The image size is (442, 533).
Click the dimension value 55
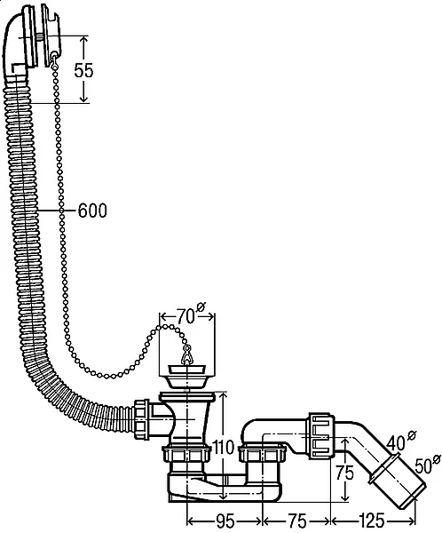click(83, 70)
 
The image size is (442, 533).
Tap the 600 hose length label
click(92, 211)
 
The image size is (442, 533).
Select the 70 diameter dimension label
click(185, 317)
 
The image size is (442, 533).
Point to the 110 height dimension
click(223, 447)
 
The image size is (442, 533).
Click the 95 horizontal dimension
click(225, 521)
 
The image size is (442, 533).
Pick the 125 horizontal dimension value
click(371, 521)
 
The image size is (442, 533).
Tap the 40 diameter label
click(396, 443)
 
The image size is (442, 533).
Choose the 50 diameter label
click(423, 465)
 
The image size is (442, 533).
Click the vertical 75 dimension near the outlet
click(345, 473)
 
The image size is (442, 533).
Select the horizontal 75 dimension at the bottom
click(297, 521)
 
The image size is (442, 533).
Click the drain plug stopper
click(187, 376)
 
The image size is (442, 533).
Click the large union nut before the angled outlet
click(320, 436)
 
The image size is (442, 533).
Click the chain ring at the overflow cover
click(54, 59)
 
